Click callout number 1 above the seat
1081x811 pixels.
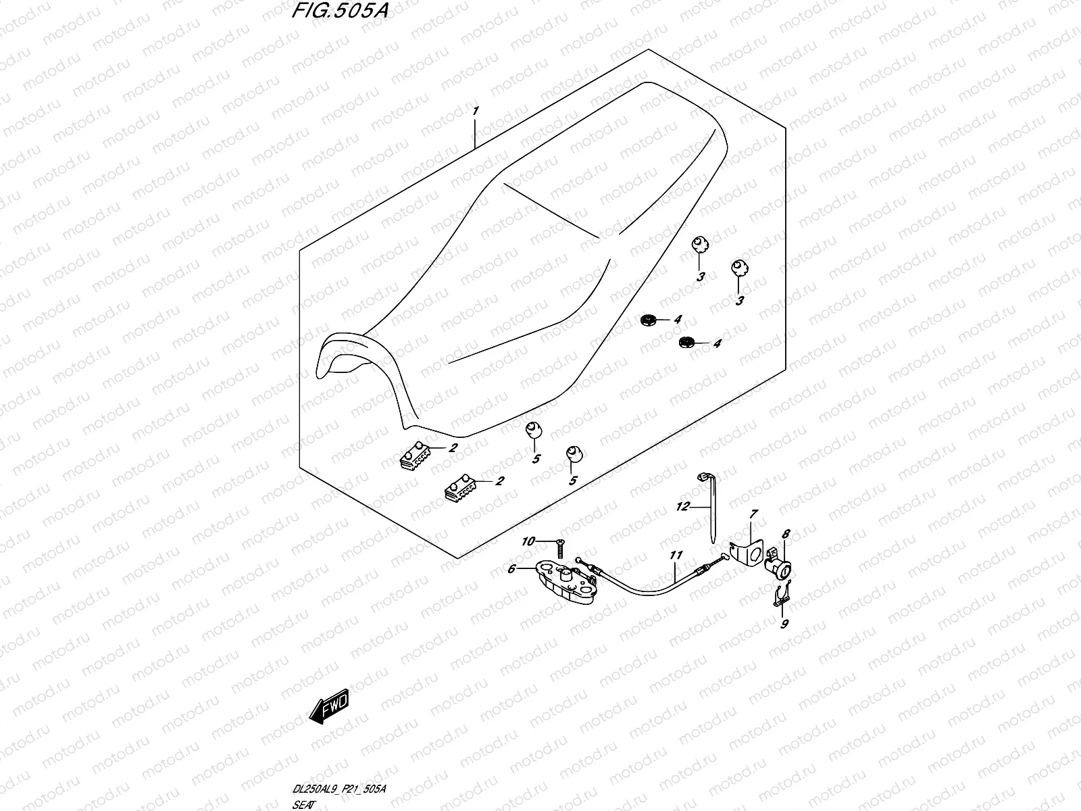[x=476, y=110]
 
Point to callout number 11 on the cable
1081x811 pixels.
[x=676, y=556]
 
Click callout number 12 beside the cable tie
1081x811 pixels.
[x=682, y=506]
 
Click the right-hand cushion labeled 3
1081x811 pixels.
[x=736, y=268]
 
